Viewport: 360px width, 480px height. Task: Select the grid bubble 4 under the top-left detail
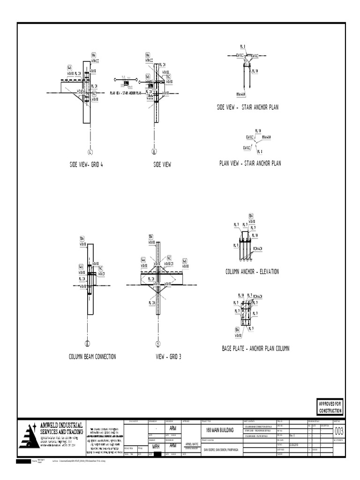pyautogui.click(x=90, y=151)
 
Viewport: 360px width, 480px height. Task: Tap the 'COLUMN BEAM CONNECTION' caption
pyautogui.click(x=92, y=357)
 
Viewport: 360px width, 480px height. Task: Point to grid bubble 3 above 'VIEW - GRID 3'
pyautogui.click(x=158, y=344)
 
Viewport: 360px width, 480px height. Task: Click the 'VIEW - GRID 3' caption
pyautogui.click(x=168, y=357)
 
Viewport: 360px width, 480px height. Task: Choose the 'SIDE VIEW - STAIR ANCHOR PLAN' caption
pyautogui.click(x=247, y=107)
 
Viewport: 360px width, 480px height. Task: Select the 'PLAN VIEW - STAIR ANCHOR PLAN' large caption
pyautogui.click(x=250, y=163)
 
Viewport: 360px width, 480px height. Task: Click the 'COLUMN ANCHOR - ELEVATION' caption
pyautogui.click(x=252, y=271)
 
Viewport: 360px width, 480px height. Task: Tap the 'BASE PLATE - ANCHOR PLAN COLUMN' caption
pyautogui.click(x=255, y=348)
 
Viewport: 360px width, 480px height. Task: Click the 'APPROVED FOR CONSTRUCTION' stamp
pyautogui.click(x=330, y=407)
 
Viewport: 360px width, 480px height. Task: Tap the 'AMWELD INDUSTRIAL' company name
pyautogui.click(x=61, y=425)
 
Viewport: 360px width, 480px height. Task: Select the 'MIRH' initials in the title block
pyautogui.click(x=156, y=447)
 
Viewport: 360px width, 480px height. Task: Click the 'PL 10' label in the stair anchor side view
pyautogui.click(x=255, y=71)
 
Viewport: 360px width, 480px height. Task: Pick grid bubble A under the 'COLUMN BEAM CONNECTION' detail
pyautogui.click(x=87, y=344)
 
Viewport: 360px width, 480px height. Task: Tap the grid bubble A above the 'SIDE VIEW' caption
pyautogui.click(x=154, y=151)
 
